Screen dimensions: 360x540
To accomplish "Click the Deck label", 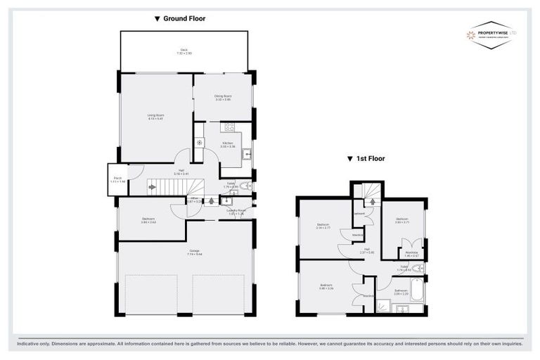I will [184, 51].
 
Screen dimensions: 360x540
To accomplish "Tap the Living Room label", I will [155, 116].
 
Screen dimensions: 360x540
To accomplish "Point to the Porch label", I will [117, 179].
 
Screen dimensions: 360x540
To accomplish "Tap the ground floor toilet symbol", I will [244, 186].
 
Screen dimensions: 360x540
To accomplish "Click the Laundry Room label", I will [236, 211].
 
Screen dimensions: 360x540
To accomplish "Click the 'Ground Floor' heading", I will [180, 19].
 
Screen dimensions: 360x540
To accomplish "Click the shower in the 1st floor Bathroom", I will [385, 305].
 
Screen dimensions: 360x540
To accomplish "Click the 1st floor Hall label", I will [366, 250].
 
